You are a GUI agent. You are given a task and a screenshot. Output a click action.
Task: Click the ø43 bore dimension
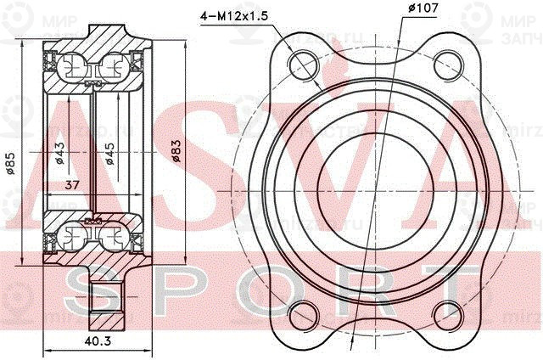pyautogui.click(x=60, y=153)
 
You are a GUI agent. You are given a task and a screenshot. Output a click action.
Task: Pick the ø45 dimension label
pyautogui.click(x=109, y=153)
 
